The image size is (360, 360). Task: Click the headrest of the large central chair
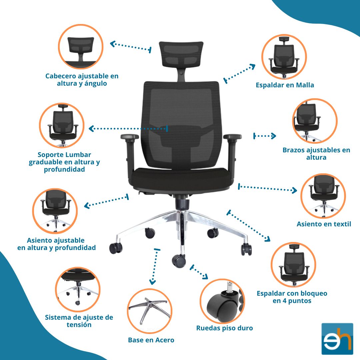(181, 54)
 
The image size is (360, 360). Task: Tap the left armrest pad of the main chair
(130, 137)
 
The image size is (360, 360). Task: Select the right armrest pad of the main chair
(232, 137)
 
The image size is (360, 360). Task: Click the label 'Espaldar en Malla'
(285, 85)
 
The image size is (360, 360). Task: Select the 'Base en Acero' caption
(151, 340)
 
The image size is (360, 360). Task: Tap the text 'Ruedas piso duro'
(225, 328)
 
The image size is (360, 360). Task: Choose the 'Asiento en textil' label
(324, 224)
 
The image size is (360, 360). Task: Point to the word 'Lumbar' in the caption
(79, 155)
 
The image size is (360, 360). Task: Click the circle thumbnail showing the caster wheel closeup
(222, 301)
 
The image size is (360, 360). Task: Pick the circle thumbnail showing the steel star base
(150, 311)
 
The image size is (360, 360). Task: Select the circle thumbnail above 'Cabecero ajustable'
(81, 47)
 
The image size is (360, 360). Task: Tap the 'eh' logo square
(337, 339)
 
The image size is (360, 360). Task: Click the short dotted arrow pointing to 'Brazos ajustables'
(264, 136)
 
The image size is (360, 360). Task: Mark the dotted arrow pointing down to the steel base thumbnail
(155, 266)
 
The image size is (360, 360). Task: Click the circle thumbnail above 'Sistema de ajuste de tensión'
(78, 289)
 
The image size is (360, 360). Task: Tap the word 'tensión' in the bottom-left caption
(79, 325)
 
